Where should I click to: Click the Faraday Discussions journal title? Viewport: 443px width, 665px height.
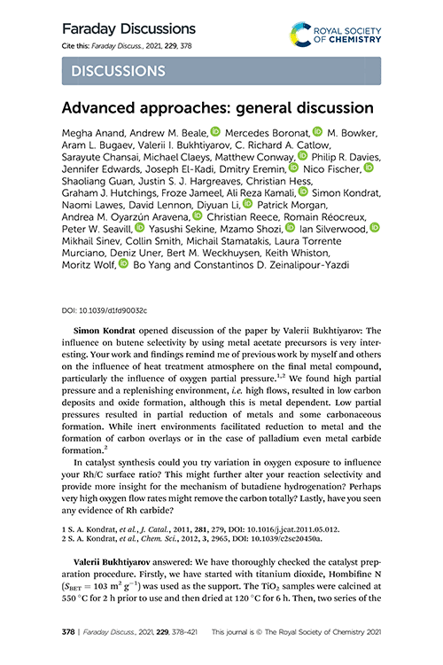128,29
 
